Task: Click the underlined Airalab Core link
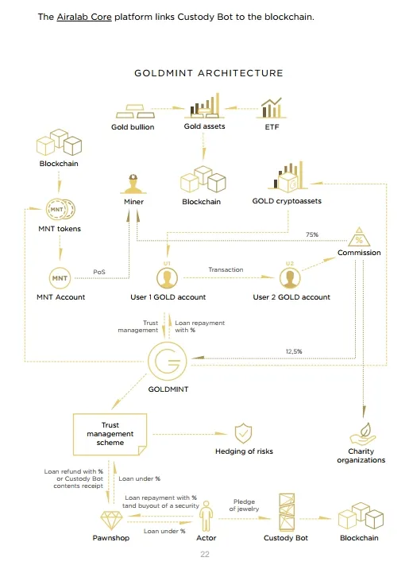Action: [84, 17]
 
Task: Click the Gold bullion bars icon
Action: [135, 111]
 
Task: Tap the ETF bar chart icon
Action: [272, 108]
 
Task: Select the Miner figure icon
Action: [133, 184]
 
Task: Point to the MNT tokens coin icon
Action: [60, 210]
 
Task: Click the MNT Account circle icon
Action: [60, 278]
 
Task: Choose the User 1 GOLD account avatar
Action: [168, 278]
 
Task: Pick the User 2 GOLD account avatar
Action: [290, 278]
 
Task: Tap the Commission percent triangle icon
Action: [359, 237]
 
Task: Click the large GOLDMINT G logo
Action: [168, 361]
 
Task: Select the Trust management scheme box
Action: [110, 435]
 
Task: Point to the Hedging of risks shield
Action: [243, 433]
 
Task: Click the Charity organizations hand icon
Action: [363, 434]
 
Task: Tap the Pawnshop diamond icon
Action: [111, 521]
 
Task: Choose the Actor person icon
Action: [206, 516]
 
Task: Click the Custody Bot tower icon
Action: [287, 512]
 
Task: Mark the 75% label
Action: [312, 234]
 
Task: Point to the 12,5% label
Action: [294, 351]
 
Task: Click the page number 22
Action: [205, 555]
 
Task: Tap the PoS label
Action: [99, 272]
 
